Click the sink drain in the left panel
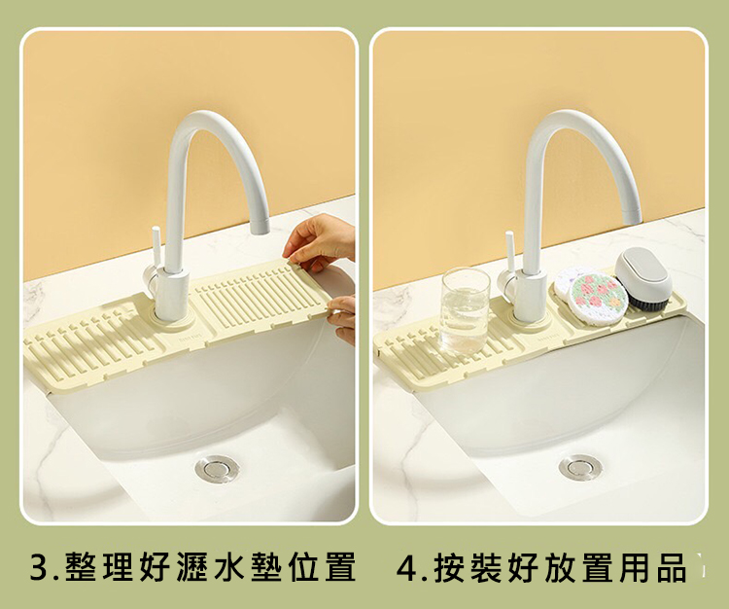pyautogui.click(x=217, y=469)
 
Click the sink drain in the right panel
pyautogui.click(x=580, y=467)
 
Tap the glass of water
pyautogui.click(x=466, y=311)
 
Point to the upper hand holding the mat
pyautogui.click(x=321, y=242)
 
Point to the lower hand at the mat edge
pyautogui.click(x=343, y=319)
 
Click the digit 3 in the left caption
pyautogui.click(x=39, y=566)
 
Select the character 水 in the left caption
pyautogui.click(x=229, y=566)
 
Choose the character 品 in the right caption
pyautogui.click(x=672, y=567)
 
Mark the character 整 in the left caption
pyautogui.click(x=81, y=566)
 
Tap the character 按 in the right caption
pyautogui.click(x=449, y=567)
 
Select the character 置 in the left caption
pyautogui.click(x=340, y=566)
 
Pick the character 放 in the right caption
pyautogui.click(x=560, y=567)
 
